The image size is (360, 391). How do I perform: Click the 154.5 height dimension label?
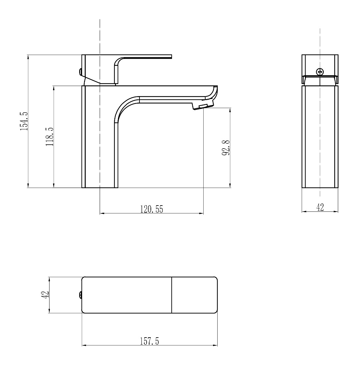point(24,121)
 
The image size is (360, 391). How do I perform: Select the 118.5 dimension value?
point(50,137)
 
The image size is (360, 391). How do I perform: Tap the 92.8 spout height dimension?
point(226,148)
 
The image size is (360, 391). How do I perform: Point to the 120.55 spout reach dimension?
point(151,209)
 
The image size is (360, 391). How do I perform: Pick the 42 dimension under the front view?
point(320,207)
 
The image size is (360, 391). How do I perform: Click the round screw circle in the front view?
point(320,72)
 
